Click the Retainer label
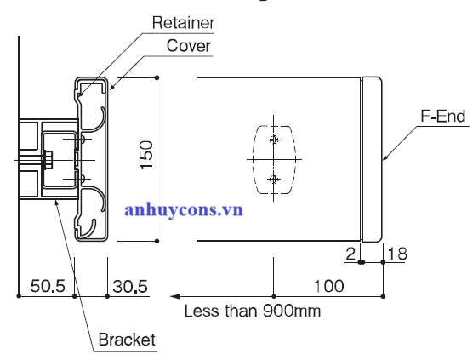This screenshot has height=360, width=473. [x=183, y=23]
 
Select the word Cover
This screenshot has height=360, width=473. [x=189, y=46]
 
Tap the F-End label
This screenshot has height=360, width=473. [x=443, y=117]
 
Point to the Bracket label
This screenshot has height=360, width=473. [x=127, y=340]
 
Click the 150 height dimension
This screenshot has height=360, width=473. [x=146, y=155]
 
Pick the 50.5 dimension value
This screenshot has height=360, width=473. [x=48, y=286]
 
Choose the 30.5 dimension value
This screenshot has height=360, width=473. [x=130, y=286]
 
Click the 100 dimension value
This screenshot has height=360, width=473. [x=329, y=286]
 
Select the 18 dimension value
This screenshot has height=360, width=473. [x=397, y=254]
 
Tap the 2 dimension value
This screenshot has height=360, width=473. [x=350, y=254]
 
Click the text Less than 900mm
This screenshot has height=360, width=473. [x=252, y=311]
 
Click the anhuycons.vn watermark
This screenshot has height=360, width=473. [x=184, y=209]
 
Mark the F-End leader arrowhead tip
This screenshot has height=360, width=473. [x=383, y=159]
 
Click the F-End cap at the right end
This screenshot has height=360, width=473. [x=372, y=159]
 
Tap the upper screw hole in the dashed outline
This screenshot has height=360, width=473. [x=274, y=140]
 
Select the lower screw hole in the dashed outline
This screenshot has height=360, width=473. [x=274, y=180]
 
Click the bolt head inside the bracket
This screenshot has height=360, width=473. [x=48, y=160]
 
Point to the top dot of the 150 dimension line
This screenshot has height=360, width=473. [x=157, y=77]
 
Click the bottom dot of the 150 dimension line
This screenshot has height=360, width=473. [x=157, y=241]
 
